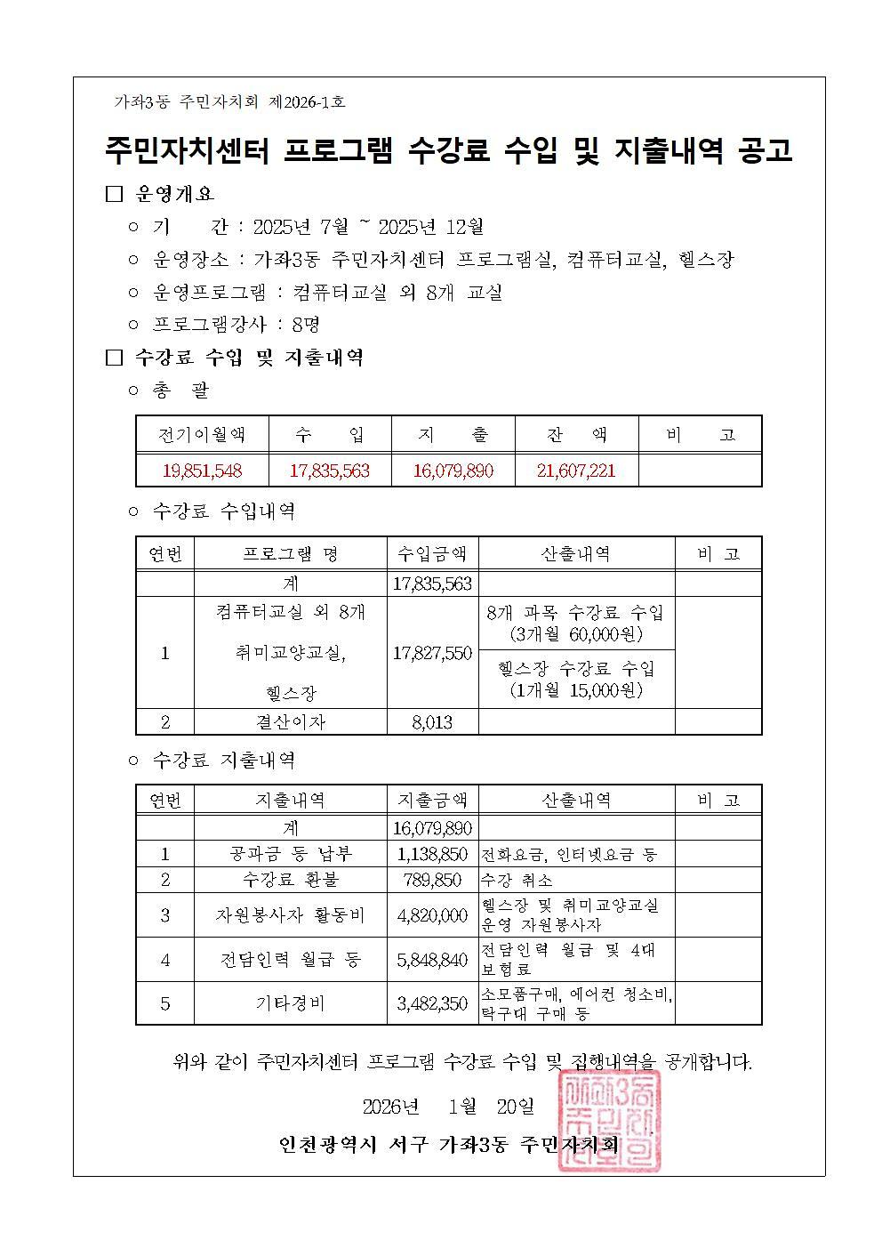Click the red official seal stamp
pos(609,1123)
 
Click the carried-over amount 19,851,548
pos(202,471)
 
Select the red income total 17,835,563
pos(329,471)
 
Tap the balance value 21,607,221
pos(576,471)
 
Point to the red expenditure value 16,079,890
pos(453,471)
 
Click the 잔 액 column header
pos(576,435)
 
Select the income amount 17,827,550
pos(432,653)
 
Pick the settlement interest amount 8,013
pos(432,722)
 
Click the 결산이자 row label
pos(290,722)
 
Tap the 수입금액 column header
pos(432,554)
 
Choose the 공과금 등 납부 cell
pos(290,854)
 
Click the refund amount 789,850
pos(432,880)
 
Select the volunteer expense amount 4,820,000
pos(432,915)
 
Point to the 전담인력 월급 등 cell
pos(290,960)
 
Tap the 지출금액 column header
pos(432,800)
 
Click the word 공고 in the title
pos(765,150)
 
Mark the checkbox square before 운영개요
pos(113,194)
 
